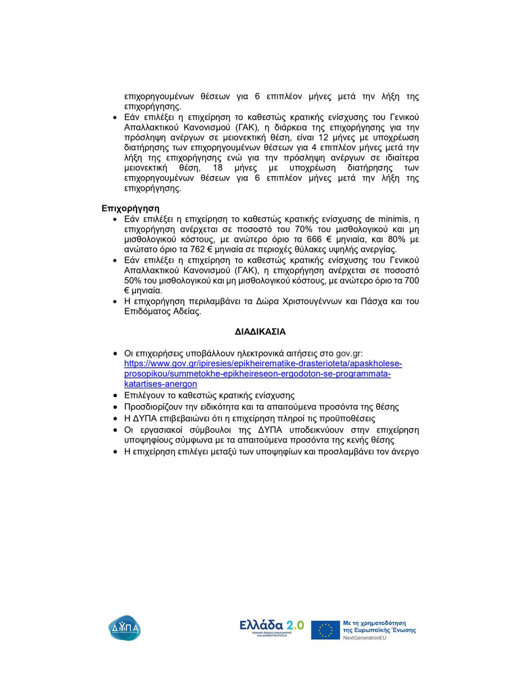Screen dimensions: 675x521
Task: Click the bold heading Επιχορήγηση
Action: (130, 208)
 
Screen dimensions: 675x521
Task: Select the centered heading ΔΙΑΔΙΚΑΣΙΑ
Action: (260, 332)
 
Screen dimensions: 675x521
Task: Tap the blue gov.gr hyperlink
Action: (262, 373)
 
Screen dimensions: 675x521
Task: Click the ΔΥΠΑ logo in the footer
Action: (125, 627)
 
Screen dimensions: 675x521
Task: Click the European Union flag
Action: (325, 630)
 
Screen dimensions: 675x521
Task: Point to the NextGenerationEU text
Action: (369, 638)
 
